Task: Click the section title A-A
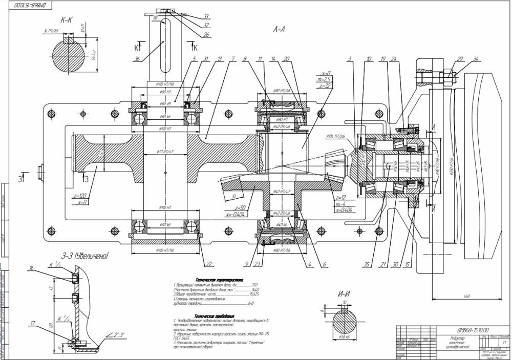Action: [x=279, y=30]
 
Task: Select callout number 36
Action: [x=137, y=59]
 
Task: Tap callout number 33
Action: [x=206, y=16]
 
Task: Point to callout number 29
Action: [x=460, y=59]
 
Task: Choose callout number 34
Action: [x=478, y=59]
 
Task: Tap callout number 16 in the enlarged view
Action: [x=32, y=268]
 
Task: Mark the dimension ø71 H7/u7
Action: [x=164, y=152]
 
